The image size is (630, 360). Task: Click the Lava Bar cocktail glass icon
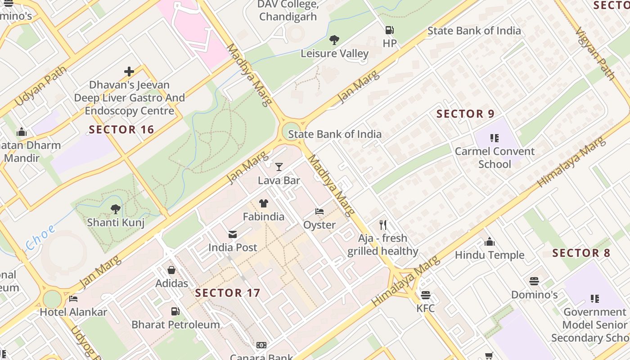click(279, 167)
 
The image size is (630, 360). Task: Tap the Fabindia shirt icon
click(264, 203)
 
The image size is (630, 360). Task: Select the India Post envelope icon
click(233, 234)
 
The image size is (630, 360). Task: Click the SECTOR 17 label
click(228, 293)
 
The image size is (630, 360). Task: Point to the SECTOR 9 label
click(466, 114)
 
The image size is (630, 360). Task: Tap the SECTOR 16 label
click(121, 130)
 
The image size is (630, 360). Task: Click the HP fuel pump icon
click(389, 31)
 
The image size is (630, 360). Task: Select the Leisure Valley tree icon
click(334, 40)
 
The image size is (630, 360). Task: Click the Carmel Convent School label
click(495, 157)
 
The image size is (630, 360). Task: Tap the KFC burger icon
click(425, 295)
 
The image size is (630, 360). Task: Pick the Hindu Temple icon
click(490, 242)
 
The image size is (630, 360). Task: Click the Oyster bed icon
click(319, 211)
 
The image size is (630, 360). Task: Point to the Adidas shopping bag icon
click(171, 270)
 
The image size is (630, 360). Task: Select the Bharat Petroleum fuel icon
click(175, 311)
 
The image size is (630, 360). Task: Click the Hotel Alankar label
click(73, 312)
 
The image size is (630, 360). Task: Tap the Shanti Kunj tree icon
click(116, 209)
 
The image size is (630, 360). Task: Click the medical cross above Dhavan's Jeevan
click(129, 72)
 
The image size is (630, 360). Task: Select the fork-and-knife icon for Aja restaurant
click(383, 225)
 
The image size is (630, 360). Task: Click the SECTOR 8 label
click(581, 253)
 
